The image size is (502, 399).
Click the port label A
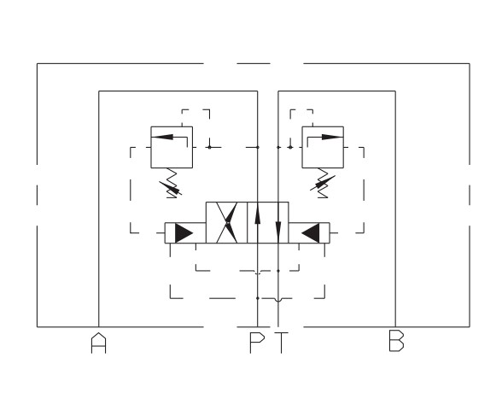(99, 343)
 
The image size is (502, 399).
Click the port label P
(257, 343)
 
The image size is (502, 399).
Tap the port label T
(281, 343)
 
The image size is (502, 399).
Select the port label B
(396, 341)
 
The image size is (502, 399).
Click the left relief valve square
(172, 147)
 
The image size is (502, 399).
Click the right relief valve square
(323, 147)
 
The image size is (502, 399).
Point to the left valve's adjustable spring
(171, 184)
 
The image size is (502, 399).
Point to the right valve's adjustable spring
(323, 184)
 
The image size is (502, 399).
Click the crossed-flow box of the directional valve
(227, 222)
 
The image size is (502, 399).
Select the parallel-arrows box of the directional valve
(268, 222)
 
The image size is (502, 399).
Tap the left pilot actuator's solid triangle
(183, 233)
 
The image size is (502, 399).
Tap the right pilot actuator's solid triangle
(311, 233)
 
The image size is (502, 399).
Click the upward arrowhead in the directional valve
(258, 215)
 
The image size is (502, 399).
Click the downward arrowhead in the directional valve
(278, 230)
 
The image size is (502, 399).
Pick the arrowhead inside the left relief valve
(162, 138)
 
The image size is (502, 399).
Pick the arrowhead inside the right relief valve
(332, 138)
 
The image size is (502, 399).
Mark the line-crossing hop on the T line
(278, 300)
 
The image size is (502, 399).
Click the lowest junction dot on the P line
(258, 298)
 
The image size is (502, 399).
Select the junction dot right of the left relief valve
(210, 147)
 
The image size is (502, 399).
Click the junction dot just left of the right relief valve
(290, 147)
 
